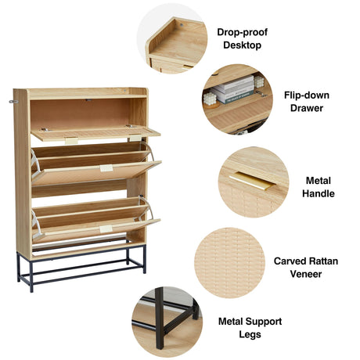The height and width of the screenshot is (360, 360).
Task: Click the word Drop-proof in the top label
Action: (x=242, y=32)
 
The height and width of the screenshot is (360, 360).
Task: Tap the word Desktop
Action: (x=242, y=45)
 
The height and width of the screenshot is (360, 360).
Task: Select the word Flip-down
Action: (x=307, y=95)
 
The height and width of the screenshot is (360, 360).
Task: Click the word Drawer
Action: (x=307, y=108)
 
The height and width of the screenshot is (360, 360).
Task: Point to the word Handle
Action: (x=319, y=193)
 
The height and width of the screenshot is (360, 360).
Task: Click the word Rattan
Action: (x=323, y=261)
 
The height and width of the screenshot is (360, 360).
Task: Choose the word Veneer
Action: (x=306, y=274)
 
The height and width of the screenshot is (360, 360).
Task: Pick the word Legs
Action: (x=250, y=334)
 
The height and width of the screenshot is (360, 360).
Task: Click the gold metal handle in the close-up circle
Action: (x=253, y=181)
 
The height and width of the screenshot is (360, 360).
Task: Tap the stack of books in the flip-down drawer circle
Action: (x=233, y=89)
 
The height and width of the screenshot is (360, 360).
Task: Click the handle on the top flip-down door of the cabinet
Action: (x=71, y=141)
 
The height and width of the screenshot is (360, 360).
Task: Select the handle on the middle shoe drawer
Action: (x=106, y=168)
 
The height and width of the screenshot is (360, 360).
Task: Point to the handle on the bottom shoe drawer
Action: (x=106, y=229)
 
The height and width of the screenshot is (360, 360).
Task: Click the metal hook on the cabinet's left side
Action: (x=13, y=102)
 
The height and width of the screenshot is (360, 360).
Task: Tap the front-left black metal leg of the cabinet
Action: (x=31, y=276)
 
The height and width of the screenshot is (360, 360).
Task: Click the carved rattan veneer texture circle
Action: (x=230, y=263)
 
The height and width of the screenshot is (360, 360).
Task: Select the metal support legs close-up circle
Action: (x=167, y=322)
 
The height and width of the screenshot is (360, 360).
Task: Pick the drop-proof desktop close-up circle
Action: (x=172, y=38)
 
